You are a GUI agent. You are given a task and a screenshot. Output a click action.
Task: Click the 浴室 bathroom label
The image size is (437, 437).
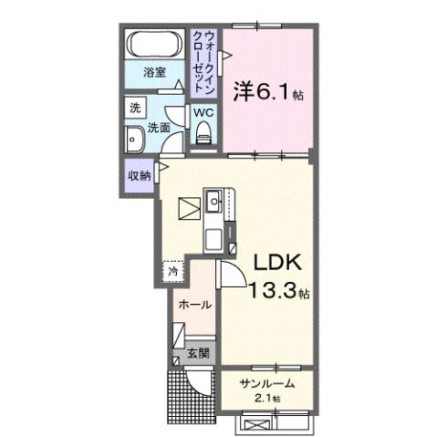153,73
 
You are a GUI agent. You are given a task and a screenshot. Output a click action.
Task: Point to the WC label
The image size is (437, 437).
202,114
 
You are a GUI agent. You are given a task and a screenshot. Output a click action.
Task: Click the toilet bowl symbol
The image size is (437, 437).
202,134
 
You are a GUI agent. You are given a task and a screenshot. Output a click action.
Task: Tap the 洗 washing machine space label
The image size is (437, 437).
134,107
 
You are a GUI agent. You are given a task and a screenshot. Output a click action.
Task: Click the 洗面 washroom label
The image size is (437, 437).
161,128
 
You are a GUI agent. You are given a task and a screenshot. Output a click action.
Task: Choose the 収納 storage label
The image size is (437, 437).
139,175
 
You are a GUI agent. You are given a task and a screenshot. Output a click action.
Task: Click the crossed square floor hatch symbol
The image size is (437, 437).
188,209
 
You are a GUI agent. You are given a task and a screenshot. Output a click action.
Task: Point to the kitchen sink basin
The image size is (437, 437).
215,198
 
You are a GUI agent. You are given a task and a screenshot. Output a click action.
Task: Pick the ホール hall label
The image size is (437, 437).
194,304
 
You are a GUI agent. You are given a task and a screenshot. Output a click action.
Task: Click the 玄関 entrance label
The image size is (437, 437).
200,352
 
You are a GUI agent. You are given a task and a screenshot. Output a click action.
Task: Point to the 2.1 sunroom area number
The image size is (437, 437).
265,399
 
